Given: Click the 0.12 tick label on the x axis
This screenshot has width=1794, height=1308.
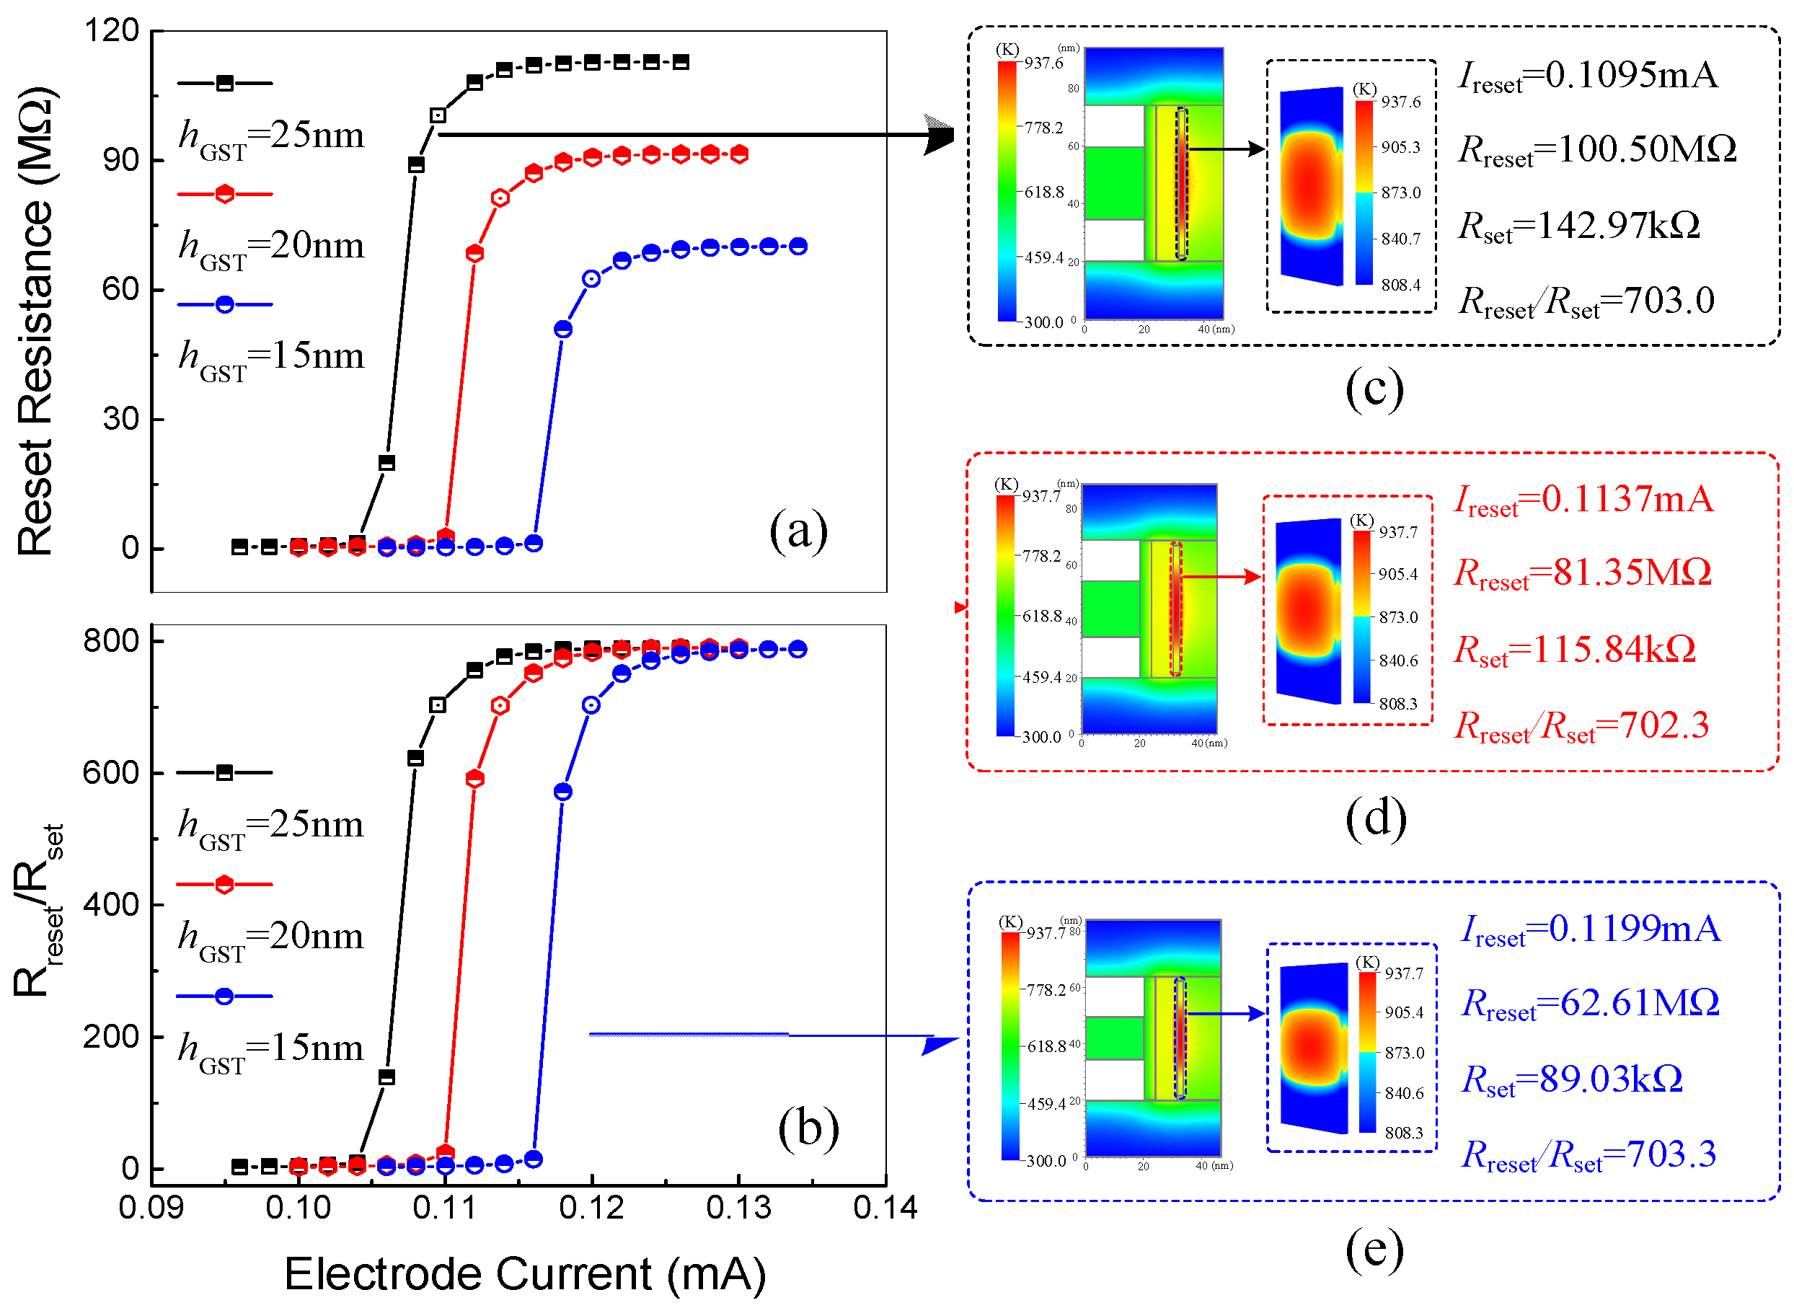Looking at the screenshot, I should click(591, 1208).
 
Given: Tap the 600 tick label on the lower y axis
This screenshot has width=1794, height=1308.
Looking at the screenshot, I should click(111, 773).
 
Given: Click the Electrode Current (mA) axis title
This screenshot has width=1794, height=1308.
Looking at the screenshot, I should click(525, 1274).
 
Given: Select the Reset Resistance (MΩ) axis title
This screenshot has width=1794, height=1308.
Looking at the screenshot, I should click(35, 321).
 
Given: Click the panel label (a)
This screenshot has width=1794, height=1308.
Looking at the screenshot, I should click(798, 531).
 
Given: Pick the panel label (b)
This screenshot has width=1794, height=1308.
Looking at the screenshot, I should click(808, 1128).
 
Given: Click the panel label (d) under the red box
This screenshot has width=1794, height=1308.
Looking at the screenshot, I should click(1375, 818).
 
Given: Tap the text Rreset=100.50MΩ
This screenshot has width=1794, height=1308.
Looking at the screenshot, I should click(1597, 151).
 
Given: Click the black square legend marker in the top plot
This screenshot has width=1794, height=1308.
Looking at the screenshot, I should click(225, 83).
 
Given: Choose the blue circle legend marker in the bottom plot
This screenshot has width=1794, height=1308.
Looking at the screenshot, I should click(224, 996).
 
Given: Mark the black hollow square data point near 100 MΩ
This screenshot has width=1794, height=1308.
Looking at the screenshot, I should click(438, 115).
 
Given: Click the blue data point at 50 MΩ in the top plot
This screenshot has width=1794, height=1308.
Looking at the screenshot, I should click(563, 330).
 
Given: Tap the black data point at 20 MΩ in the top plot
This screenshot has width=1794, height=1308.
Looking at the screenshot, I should click(386, 463).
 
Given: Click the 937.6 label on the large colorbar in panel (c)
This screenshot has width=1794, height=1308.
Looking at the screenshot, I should click(1043, 63).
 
